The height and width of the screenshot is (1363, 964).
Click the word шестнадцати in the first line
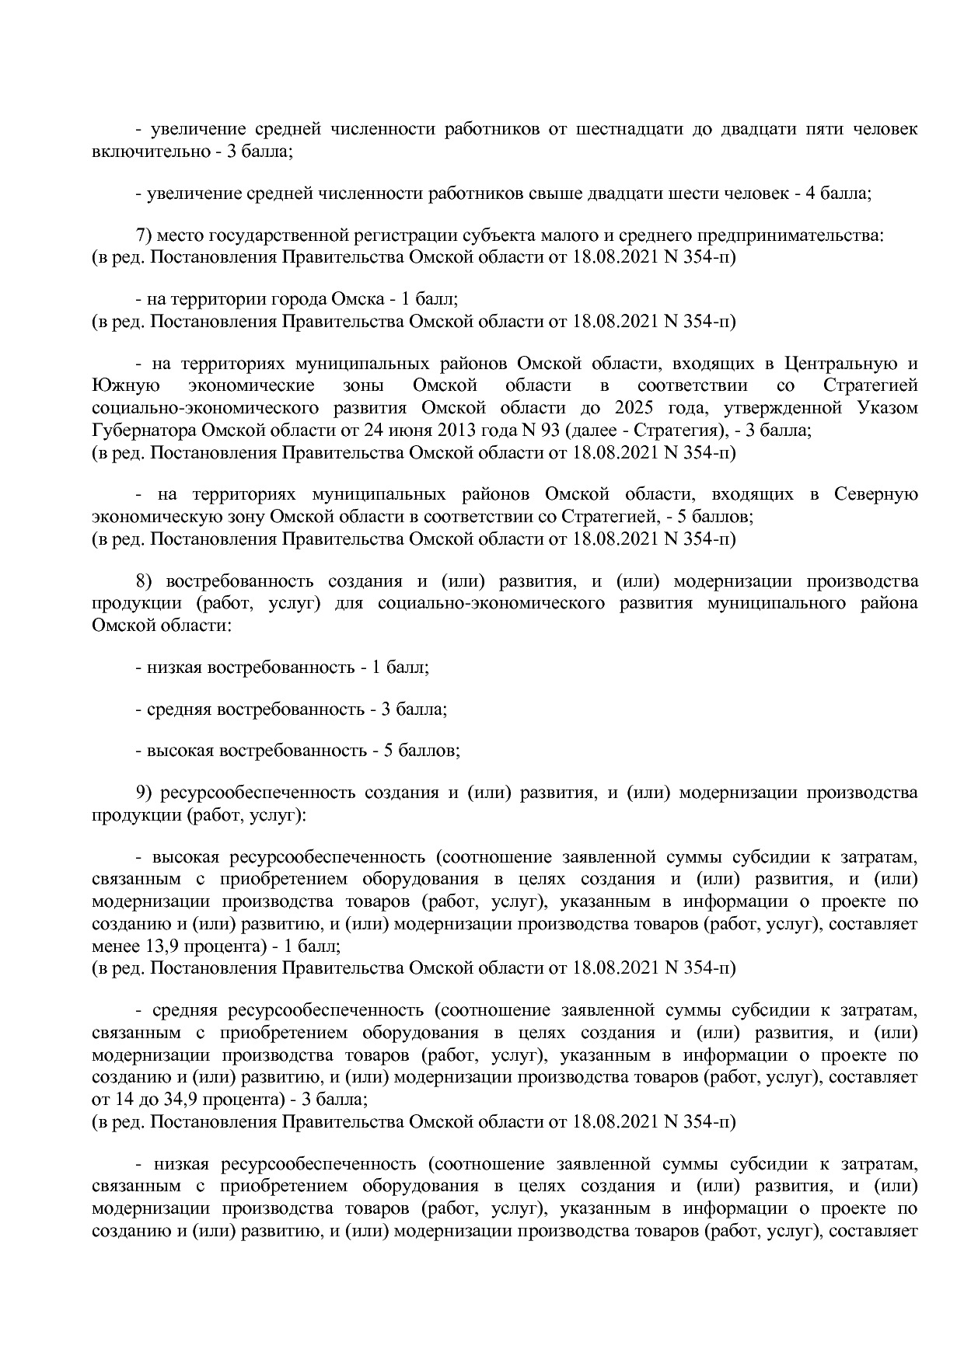[x=627, y=129]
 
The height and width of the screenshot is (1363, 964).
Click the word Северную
[x=875, y=494]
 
